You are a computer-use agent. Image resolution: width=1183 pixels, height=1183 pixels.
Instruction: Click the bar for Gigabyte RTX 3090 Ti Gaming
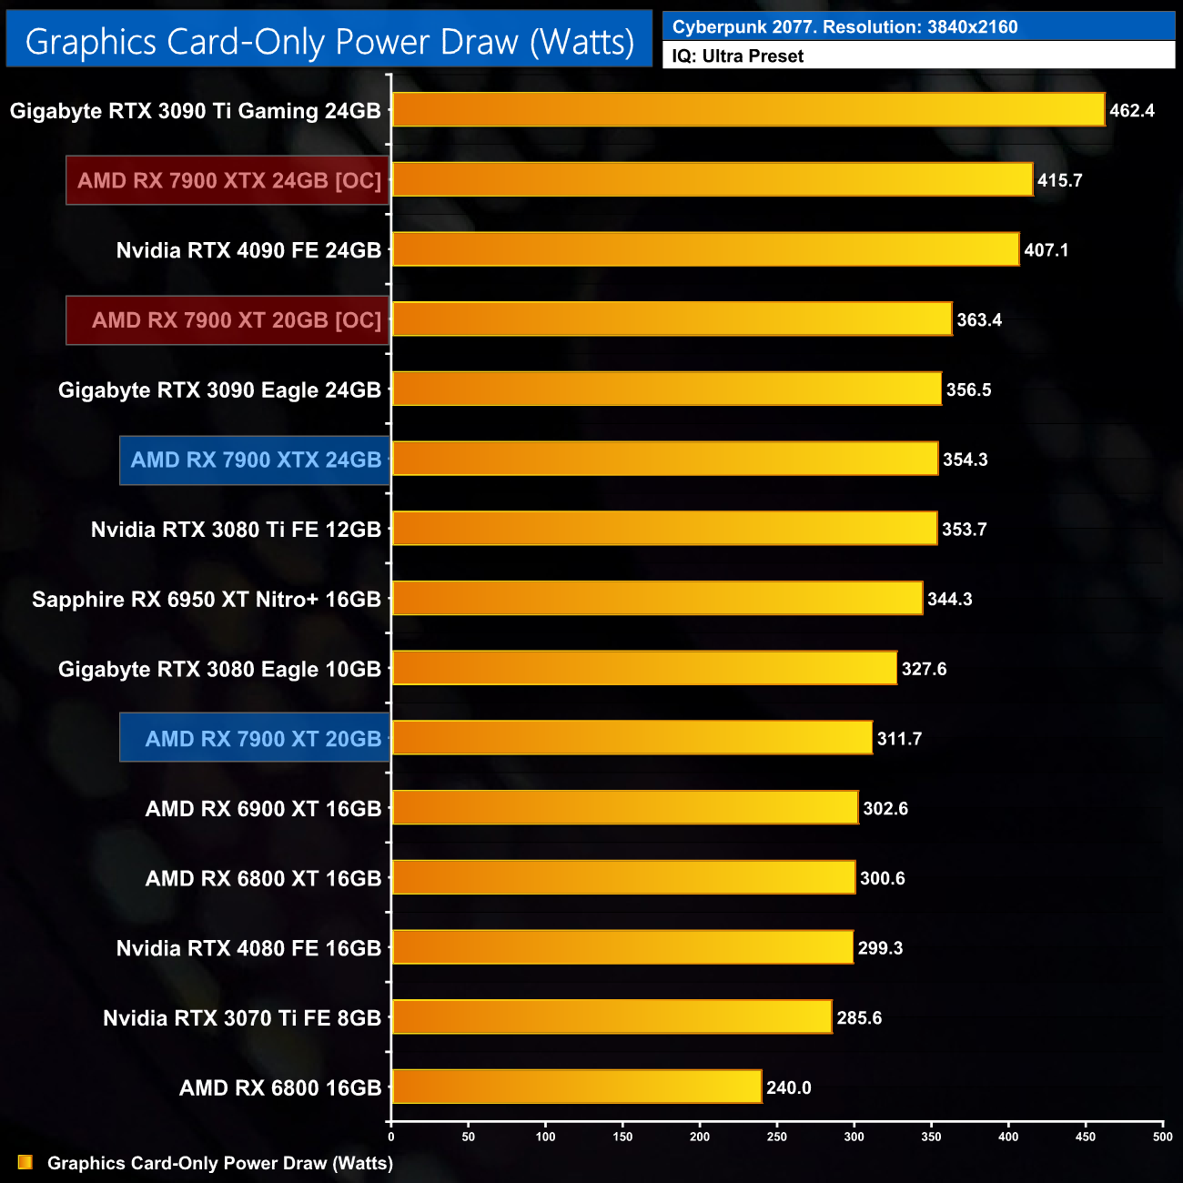coord(748,110)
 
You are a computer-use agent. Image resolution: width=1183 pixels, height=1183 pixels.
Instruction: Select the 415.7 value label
coord(1059,180)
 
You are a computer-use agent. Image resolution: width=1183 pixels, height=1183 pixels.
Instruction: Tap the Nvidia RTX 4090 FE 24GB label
coord(248,250)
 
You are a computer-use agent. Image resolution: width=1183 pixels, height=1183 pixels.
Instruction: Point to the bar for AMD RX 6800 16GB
coord(576,1087)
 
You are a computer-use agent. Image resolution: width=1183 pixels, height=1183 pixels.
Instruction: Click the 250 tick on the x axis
coord(777,1137)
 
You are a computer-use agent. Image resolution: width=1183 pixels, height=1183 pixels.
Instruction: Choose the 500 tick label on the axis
coord(1162,1137)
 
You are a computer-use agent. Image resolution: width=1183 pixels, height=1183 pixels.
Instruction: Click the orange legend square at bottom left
coord(25,1162)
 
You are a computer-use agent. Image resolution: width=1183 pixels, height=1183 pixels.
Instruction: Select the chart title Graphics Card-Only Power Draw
coord(329,41)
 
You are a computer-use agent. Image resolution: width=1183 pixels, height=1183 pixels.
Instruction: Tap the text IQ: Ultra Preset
coord(737,56)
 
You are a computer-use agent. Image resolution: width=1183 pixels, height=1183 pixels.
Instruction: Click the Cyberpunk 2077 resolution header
coord(844,27)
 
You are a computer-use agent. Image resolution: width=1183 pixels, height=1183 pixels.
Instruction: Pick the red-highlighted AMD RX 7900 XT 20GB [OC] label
coord(236,320)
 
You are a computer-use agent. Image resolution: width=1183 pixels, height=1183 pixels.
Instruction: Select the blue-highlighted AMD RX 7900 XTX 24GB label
coord(256,460)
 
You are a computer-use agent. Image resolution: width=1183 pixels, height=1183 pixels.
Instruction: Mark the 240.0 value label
coord(788,1087)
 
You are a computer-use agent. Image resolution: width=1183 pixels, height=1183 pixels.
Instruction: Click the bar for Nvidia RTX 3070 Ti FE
coord(612,1016)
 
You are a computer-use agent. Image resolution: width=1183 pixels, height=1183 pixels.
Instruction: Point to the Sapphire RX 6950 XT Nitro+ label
coord(207,600)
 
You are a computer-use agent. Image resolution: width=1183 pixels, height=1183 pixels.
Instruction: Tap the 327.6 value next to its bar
coord(924,669)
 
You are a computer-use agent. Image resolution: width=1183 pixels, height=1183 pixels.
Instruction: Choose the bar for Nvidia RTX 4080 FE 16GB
coord(622,947)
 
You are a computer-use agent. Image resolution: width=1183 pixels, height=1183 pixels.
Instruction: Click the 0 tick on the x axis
coord(391,1137)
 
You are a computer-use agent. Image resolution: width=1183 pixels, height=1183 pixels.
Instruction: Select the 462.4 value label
coord(1131,111)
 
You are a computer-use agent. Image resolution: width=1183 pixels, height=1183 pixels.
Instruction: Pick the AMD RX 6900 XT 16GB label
coord(263,809)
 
